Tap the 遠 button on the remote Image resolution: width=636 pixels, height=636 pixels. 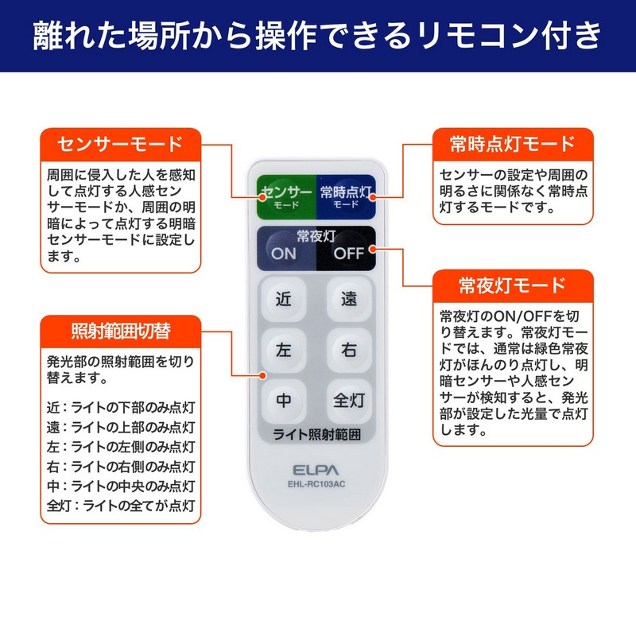pyautogui.click(x=349, y=300)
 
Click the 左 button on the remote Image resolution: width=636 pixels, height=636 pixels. pyautogui.click(x=284, y=350)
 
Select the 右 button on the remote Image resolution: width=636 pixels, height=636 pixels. pyautogui.click(x=349, y=350)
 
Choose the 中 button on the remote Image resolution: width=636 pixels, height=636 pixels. pyautogui.click(x=284, y=401)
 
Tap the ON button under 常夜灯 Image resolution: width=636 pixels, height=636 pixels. pyautogui.click(x=284, y=254)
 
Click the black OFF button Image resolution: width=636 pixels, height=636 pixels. pyautogui.click(x=349, y=254)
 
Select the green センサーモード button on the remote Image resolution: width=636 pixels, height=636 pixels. pyautogui.click(x=286, y=196)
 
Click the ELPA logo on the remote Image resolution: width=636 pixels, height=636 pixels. pyautogui.click(x=316, y=470)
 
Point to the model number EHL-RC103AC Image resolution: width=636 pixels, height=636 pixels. pyautogui.click(x=316, y=484)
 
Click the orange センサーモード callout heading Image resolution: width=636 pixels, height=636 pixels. pyautogui.click(x=121, y=144)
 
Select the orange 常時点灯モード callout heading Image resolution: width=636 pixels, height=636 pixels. pyautogui.click(x=513, y=144)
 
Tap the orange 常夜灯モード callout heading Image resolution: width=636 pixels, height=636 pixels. pyautogui.click(x=513, y=285)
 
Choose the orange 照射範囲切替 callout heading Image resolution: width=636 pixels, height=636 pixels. pyautogui.click(x=121, y=332)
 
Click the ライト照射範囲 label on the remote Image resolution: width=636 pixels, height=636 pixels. pyautogui.click(x=316, y=434)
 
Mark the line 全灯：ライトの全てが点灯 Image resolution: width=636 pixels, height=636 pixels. pyautogui.click(x=121, y=506)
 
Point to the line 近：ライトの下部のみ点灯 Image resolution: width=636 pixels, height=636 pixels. pyautogui.click(x=121, y=407)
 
